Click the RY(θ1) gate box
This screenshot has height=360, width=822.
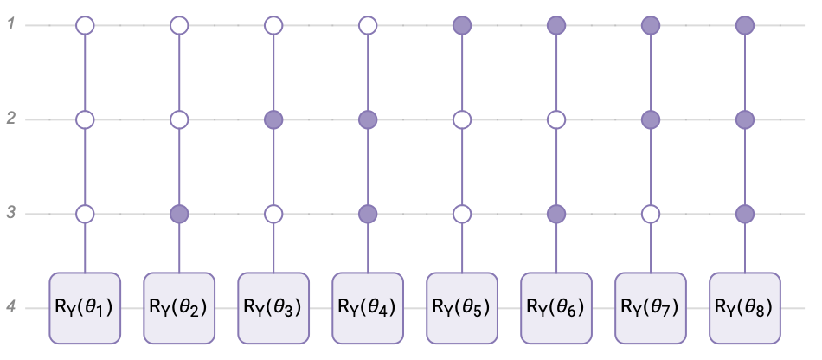(x=85, y=307)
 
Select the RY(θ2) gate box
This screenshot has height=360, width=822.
(x=179, y=307)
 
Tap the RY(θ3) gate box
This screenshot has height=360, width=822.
(x=273, y=307)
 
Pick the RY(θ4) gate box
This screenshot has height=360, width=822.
(x=368, y=307)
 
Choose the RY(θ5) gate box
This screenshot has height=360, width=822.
(x=462, y=307)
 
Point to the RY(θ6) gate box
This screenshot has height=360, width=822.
(x=556, y=307)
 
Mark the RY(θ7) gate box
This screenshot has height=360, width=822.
(x=651, y=307)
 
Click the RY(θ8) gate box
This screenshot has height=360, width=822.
(x=745, y=307)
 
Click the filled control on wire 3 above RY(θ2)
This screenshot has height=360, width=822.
(x=179, y=213)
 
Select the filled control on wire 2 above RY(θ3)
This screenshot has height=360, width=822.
(x=273, y=119)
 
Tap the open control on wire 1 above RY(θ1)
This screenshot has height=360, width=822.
(x=85, y=24)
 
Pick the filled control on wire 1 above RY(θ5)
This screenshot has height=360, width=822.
(x=462, y=24)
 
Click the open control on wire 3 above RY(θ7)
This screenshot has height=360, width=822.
(x=651, y=213)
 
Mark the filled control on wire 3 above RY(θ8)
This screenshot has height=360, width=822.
(x=745, y=213)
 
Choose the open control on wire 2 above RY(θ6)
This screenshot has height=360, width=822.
(x=556, y=119)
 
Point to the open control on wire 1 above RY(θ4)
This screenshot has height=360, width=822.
(x=368, y=24)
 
